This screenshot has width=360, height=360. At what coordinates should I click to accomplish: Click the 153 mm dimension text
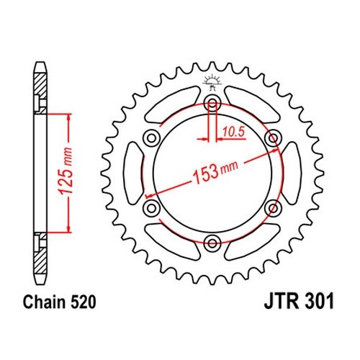pyautogui.click(x=215, y=171)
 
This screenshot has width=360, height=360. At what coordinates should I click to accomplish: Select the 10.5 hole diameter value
pyautogui.click(x=233, y=132)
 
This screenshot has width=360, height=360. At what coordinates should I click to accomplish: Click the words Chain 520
pyautogui.click(x=59, y=302)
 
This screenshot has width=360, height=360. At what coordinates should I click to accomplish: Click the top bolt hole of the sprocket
pyautogui.click(x=212, y=104)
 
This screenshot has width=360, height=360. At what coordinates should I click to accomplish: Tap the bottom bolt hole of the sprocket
pyautogui.click(x=212, y=243)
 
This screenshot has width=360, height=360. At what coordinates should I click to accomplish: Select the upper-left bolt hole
pyautogui.click(x=151, y=138)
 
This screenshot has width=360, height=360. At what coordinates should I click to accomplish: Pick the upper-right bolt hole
pyautogui.click(x=273, y=138)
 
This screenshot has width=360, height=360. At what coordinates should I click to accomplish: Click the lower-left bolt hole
pyautogui.click(x=151, y=208)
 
